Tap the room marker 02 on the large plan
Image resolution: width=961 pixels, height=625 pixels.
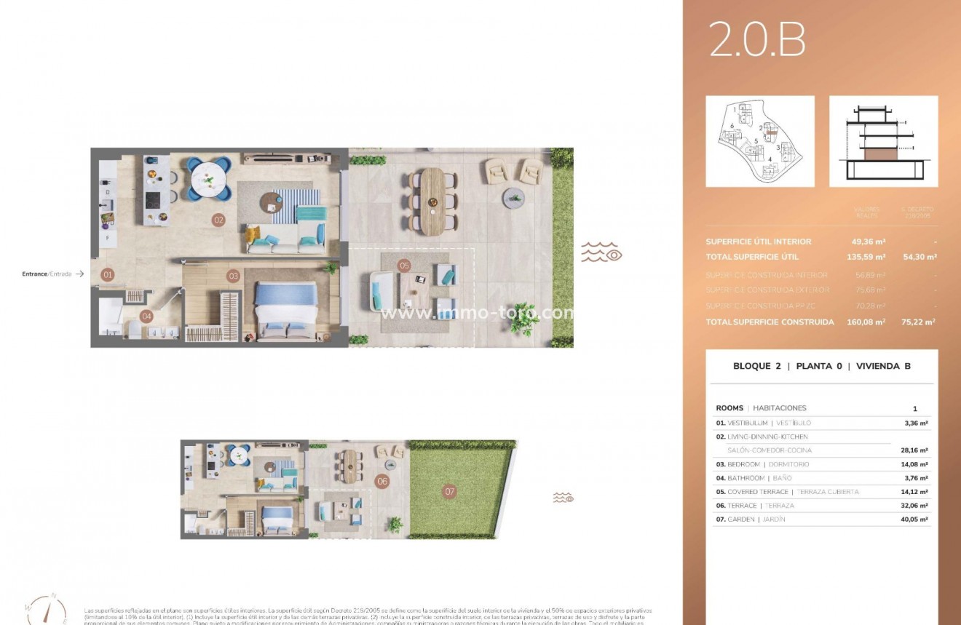(x=218, y=219)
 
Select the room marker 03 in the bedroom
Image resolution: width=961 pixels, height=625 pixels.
(x=233, y=276)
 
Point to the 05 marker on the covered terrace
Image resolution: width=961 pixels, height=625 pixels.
(x=404, y=266)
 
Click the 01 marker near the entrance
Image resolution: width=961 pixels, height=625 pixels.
(x=108, y=275)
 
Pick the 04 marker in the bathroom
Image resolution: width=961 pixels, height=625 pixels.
(x=146, y=316)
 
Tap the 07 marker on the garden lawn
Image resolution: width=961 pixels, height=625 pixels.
(x=450, y=492)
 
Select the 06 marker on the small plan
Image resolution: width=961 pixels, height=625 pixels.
(x=382, y=482)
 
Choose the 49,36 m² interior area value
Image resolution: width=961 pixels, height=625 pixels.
(x=869, y=242)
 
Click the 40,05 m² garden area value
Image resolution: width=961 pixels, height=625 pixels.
(x=914, y=519)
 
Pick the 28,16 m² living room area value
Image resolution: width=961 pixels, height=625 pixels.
(x=914, y=450)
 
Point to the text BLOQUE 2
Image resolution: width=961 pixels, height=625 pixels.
(x=756, y=366)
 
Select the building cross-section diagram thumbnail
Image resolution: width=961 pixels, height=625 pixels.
(x=883, y=141)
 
